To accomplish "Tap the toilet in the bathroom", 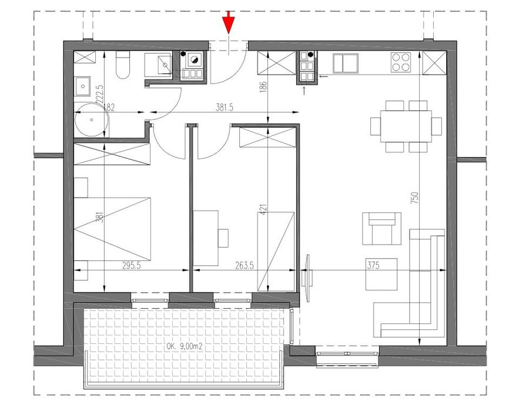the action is [x=123, y=65].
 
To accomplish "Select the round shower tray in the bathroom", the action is [x=92, y=119].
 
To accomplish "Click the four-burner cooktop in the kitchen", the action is [x=401, y=62].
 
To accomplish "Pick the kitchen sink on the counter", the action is [x=346, y=64].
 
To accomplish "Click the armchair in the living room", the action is [x=382, y=229].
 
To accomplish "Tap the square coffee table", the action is [x=381, y=275].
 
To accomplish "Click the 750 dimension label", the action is [x=415, y=198].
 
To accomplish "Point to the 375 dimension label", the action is [x=373, y=266].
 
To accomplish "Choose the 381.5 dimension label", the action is [x=225, y=108].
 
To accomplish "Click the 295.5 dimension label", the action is [x=132, y=266].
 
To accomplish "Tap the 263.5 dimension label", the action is [x=245, y=266].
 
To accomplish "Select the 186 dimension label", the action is [x=263, y=86].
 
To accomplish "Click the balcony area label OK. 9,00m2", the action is [x=185, y=346].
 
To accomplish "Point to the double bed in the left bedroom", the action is [x=113, y=229].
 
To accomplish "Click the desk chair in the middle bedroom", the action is [x=223, y=238].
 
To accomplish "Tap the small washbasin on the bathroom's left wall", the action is [x=82, y=86].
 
